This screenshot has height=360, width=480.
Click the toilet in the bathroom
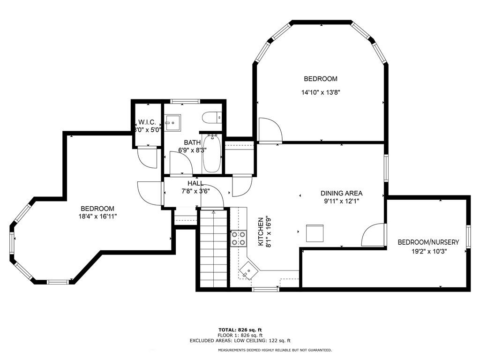211,118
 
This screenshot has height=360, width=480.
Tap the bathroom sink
172,123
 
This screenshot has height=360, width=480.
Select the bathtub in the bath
212,153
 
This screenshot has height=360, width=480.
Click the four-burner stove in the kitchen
239,239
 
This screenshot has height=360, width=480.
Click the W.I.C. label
147,122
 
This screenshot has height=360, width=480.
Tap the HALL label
195,183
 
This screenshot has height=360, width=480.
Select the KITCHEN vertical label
261,232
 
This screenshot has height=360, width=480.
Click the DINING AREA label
341,193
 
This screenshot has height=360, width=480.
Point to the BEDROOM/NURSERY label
428,242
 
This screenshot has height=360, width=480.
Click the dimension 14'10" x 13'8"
321,92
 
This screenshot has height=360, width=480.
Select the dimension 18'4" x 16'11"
97,217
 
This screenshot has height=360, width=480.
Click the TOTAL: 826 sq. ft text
240,330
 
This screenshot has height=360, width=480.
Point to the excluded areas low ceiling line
240,340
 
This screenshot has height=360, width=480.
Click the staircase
213,248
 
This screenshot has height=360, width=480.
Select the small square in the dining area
315,233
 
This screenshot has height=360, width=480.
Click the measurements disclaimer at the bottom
275,350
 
